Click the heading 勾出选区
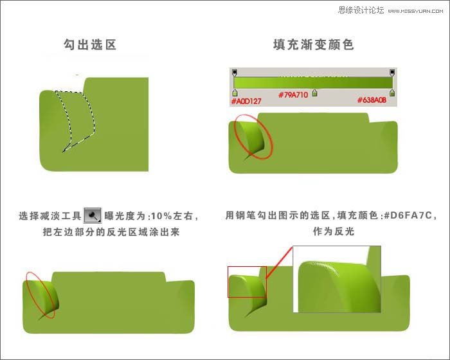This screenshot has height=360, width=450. [89, 45]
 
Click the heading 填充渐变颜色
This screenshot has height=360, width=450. [313, 45]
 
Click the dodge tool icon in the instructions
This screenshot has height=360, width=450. [93, 215]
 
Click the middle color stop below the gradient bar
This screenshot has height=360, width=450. [314, 93]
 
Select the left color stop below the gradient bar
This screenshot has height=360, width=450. [235, 93]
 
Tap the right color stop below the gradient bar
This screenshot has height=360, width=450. [392, 93]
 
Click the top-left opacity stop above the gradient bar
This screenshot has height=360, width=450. [235, 72]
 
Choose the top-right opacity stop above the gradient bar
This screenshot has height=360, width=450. [392, 72]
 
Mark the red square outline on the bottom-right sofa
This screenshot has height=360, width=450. [247, 282]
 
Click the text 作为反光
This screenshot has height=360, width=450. [334, 231]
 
